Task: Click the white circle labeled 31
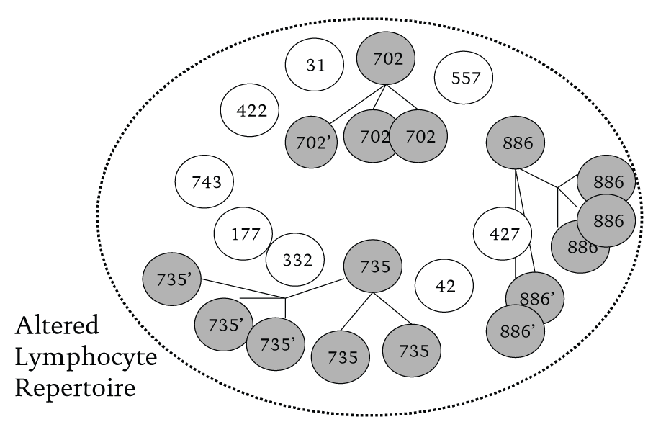315,66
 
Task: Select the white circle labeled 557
465,78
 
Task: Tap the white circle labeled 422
251,111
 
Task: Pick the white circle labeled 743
206,181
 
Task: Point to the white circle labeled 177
243,234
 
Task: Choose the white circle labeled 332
296,259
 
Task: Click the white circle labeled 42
445,286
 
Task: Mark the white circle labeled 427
502,235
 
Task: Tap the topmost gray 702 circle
388,60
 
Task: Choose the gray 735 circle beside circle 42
372,266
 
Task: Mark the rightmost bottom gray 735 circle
411,351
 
